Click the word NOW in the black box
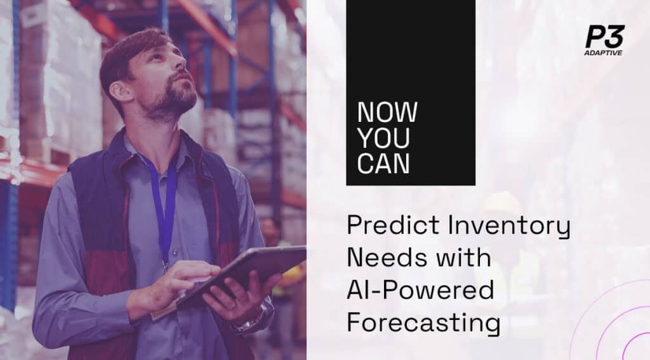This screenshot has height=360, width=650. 387,113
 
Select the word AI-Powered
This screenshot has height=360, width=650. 420,291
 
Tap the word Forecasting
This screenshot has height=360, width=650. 423,323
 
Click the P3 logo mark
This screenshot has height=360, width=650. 604,37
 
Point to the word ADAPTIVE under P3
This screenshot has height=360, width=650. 604,53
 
